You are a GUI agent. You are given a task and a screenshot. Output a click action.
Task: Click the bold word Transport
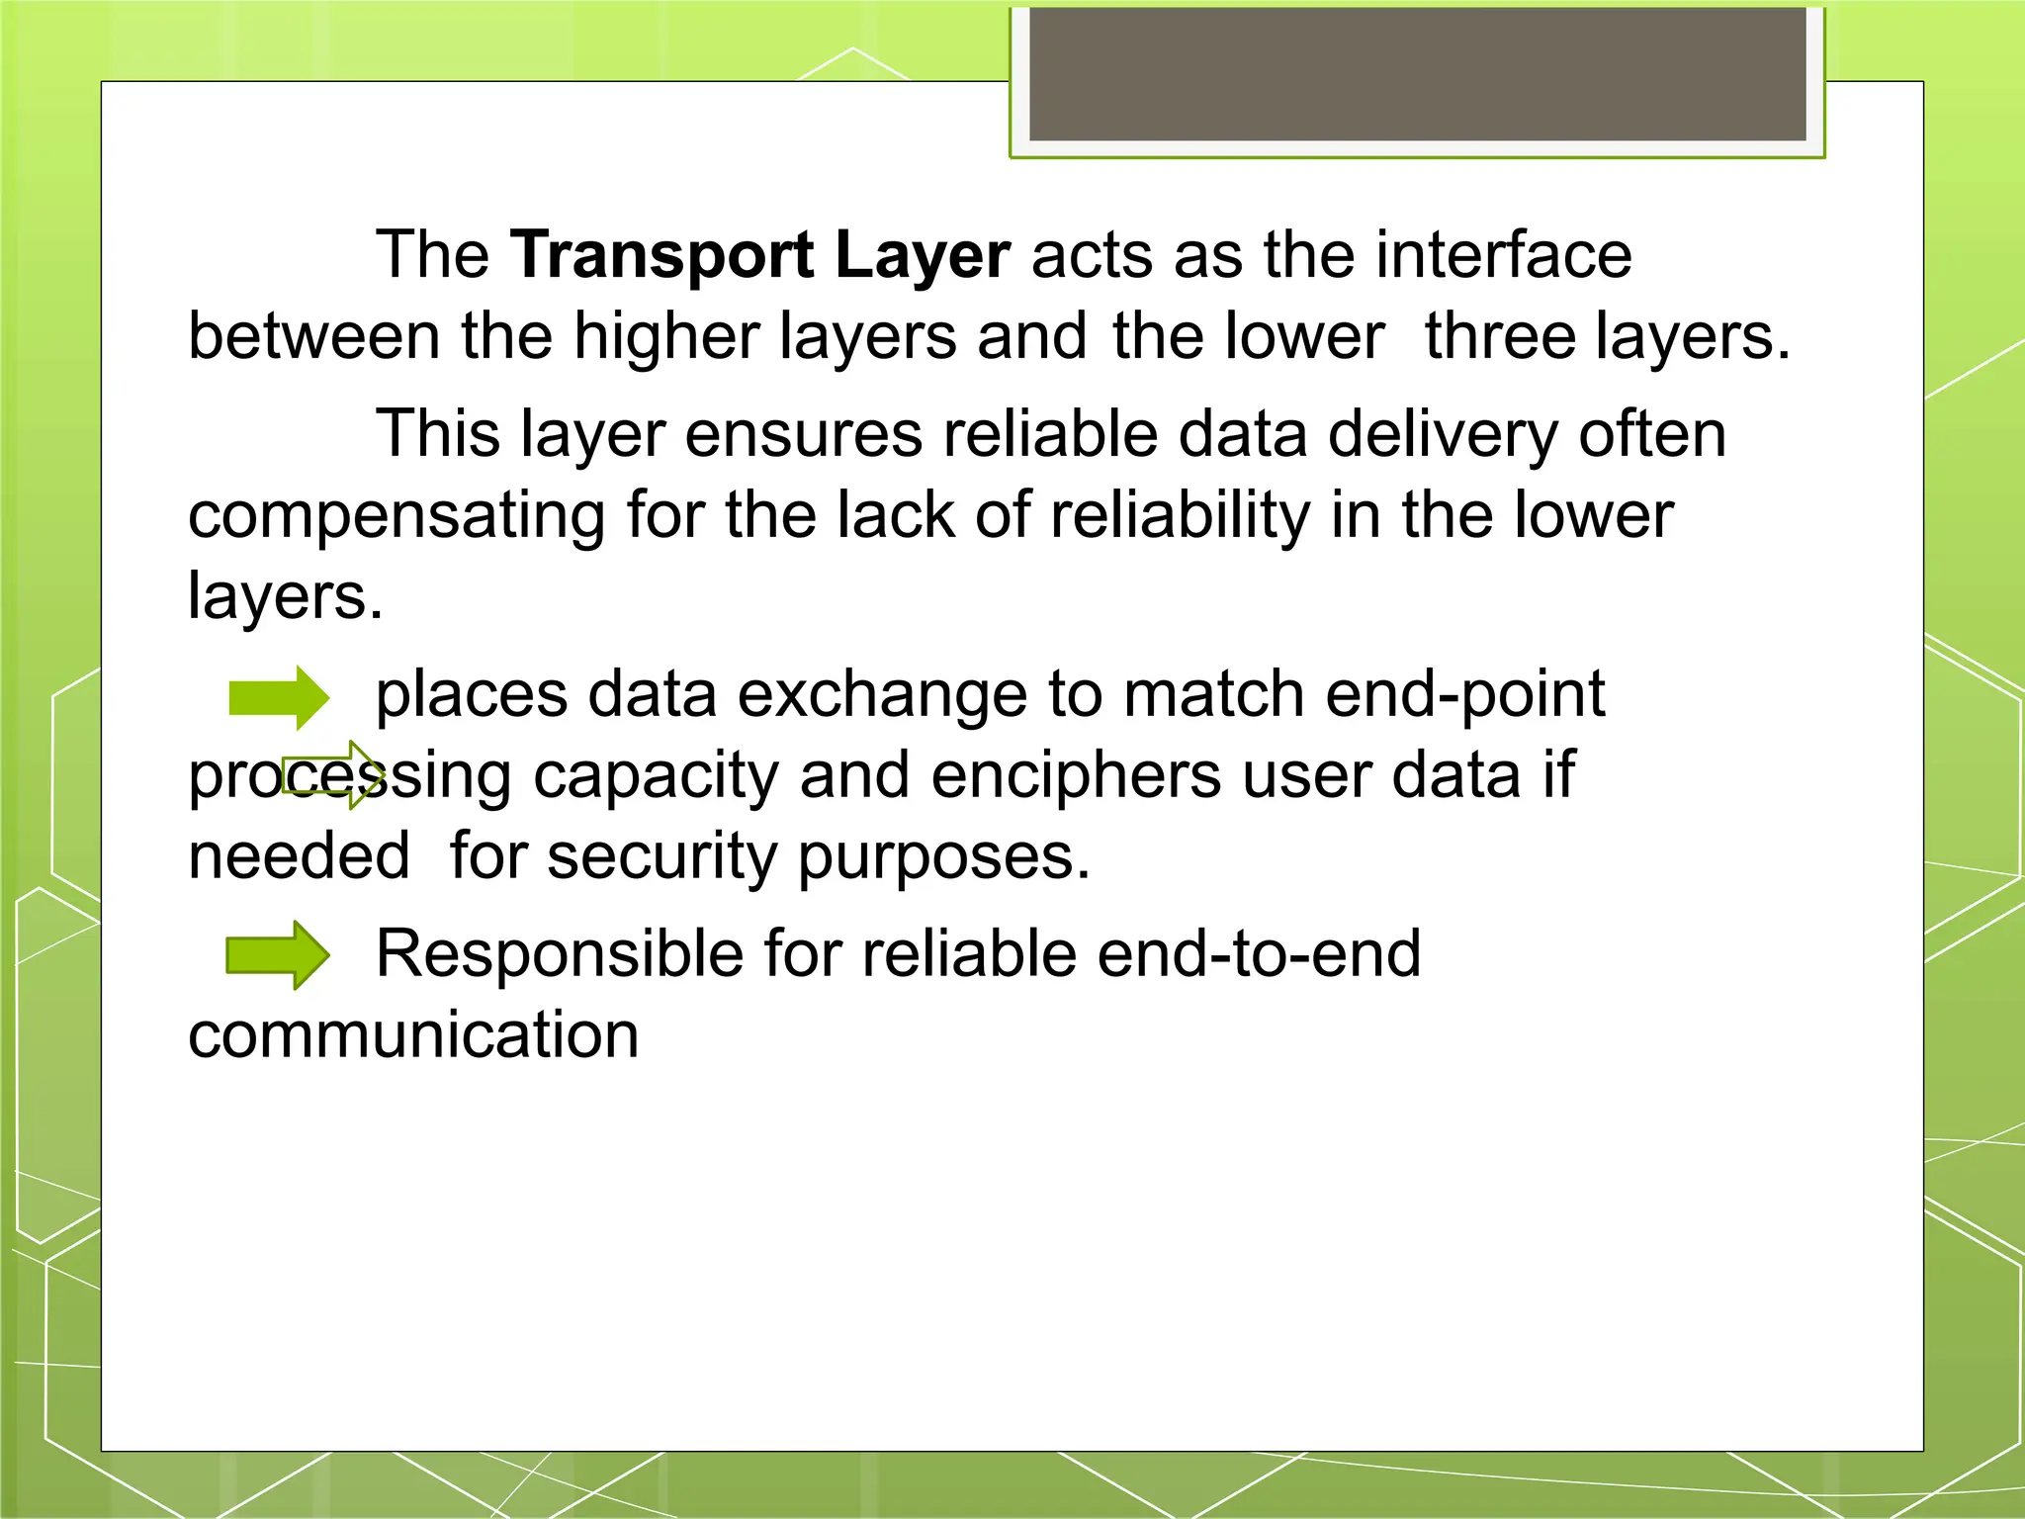point(661,256)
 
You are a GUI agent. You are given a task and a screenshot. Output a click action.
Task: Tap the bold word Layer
point(922,256)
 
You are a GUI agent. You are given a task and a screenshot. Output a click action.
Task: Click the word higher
point(665,336)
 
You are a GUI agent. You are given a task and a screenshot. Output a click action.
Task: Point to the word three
point(1499,336)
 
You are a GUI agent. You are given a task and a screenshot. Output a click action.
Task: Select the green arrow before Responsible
point(278,955)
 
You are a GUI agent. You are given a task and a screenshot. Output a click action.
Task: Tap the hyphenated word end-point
point(1464,694)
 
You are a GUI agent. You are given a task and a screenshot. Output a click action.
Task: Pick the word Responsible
point(560,954)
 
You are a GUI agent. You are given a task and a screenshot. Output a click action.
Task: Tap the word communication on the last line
point(413,1035)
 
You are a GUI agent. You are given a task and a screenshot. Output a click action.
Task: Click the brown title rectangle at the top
point(1417,74)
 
